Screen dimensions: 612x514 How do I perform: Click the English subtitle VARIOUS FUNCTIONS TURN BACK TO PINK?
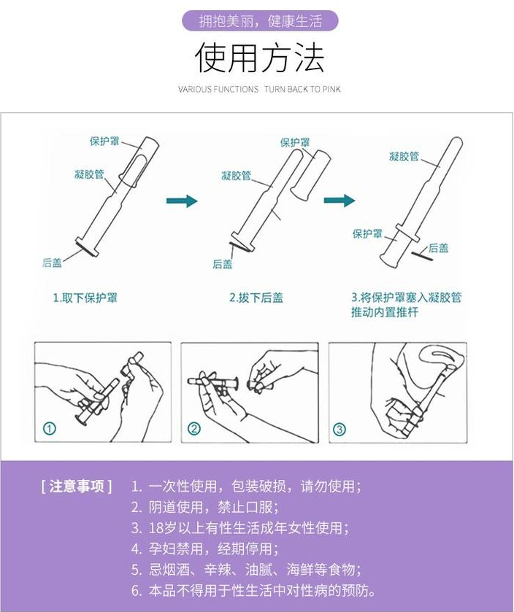pos(259,89)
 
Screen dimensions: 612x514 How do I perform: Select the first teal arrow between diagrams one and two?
pos(182,201)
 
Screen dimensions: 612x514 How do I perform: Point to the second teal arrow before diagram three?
pos(339,201)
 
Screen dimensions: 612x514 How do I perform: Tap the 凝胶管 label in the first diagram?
pos(89,174)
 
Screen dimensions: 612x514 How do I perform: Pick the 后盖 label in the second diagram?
pos(223,264)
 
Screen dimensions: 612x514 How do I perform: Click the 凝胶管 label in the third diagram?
pos(403,156)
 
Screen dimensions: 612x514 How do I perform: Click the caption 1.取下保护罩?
pos(85,298)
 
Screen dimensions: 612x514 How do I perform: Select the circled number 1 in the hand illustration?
pos(49,429)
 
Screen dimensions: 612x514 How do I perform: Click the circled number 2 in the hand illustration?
pos(194,429)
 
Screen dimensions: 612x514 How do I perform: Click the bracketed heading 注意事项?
pos(77,487)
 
